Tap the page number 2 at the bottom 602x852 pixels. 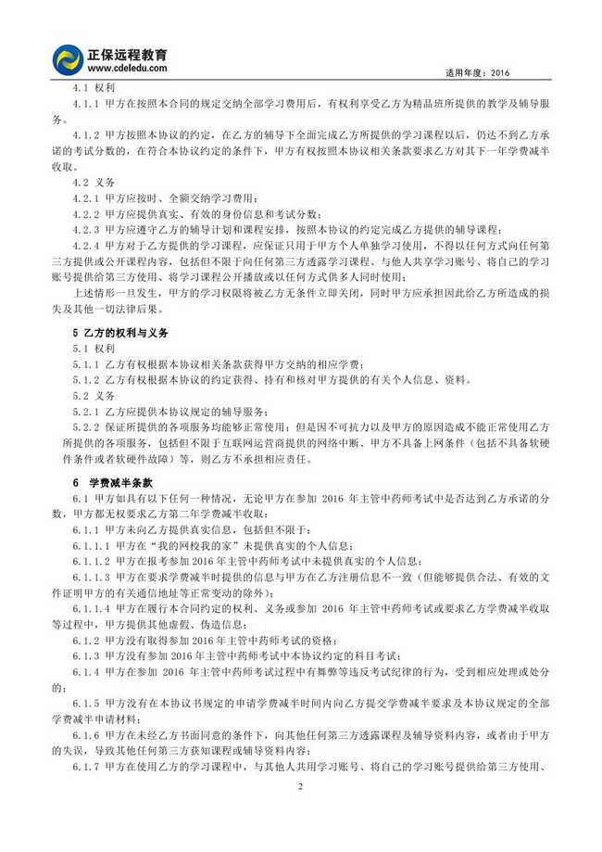coord(301,786)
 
